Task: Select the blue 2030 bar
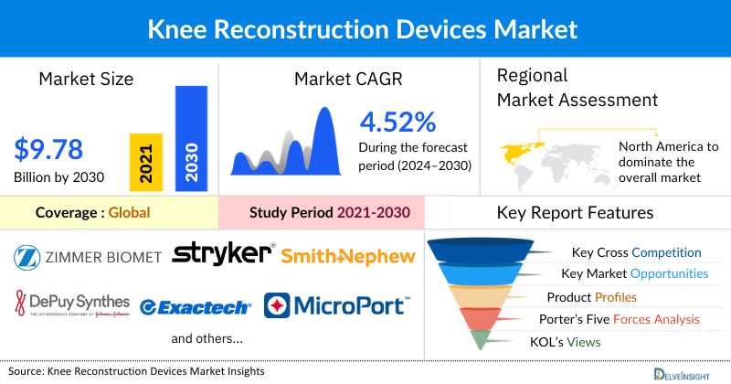pyautogui.click(x=191, y=138)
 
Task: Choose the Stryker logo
pyautogui.click(x=223, y=253)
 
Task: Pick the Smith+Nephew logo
pyautogui.click(x=348, y=257)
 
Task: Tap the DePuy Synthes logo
pyautogui.click(x=72, y=304)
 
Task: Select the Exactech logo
pyautogui.click(x=195, y=306)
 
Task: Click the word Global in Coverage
pyautogui.click(x=129, y=213)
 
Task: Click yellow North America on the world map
pyautogui.click(x=520, y=150)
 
